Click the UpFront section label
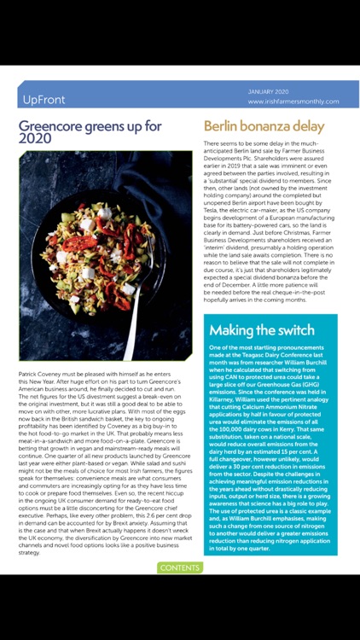[44, 99]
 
